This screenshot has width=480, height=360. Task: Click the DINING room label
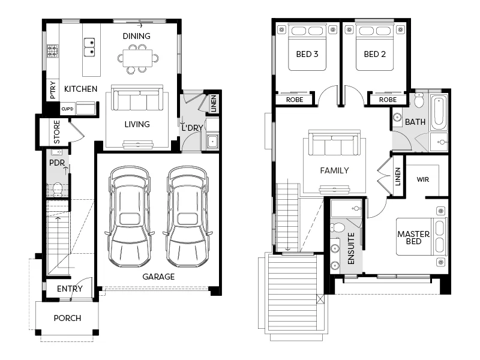(137, 36)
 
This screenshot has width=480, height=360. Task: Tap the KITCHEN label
(81, 89)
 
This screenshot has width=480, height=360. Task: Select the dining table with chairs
(139, 59)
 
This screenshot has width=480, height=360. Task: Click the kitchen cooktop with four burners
(53, 51)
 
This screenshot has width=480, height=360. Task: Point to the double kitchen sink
(89, 47)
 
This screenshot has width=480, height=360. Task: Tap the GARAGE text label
(158, 277)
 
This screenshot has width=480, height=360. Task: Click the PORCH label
(67, 318)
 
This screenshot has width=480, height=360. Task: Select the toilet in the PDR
(58, 189)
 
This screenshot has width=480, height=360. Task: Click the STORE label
(57, 132)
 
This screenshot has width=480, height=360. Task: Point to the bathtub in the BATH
(438, 112)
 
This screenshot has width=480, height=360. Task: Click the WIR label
(422, 179)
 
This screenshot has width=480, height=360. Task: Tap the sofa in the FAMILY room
(334, 145)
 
